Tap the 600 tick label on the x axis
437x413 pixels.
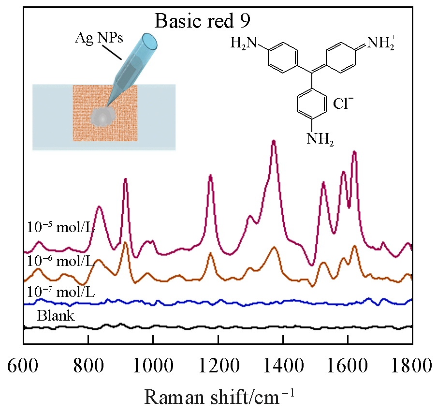[23, 366]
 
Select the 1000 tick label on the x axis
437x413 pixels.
[153, 366]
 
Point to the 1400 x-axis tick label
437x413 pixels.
[283, 366]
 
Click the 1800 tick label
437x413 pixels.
[412, 366]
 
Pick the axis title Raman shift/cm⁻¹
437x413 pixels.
[218, 398]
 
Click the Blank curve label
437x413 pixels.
[56, 316]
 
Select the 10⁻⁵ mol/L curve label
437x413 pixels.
[60, 227]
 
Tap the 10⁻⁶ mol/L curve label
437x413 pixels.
[60, 262]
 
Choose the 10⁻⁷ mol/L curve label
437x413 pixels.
[60, 293]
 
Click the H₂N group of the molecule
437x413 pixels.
[244, 44]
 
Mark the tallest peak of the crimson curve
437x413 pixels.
[274, 141]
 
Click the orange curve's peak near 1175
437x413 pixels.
[210, 253]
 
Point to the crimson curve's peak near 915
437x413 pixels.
[125, 179]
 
